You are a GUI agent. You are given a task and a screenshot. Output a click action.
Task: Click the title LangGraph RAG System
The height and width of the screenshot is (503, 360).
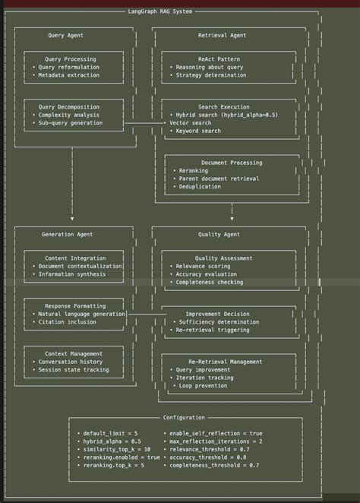coord(160,11)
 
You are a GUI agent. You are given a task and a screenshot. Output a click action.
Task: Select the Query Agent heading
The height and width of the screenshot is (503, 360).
coord(66,35)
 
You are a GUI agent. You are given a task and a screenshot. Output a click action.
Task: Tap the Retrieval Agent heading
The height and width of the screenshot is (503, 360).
coord(222,35)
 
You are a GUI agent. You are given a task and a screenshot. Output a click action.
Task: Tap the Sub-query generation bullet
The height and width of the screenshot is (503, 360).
coord(70,122)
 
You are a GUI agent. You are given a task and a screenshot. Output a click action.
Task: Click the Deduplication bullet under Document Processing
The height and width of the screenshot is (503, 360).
coord(200,186)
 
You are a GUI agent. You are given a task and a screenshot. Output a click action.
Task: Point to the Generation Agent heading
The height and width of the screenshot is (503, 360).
coord(68,234)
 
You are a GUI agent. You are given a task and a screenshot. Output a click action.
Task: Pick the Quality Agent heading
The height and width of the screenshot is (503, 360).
coord(219,234)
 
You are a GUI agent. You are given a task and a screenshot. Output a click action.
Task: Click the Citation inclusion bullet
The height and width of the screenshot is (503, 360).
coord(67,321)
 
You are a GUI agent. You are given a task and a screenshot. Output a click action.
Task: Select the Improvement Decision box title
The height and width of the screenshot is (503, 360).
coord(217,313)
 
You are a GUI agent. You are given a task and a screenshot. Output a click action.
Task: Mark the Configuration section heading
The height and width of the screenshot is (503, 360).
coord(184,417)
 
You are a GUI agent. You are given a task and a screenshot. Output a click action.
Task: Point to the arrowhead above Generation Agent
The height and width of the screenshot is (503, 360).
coord(72,217)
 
